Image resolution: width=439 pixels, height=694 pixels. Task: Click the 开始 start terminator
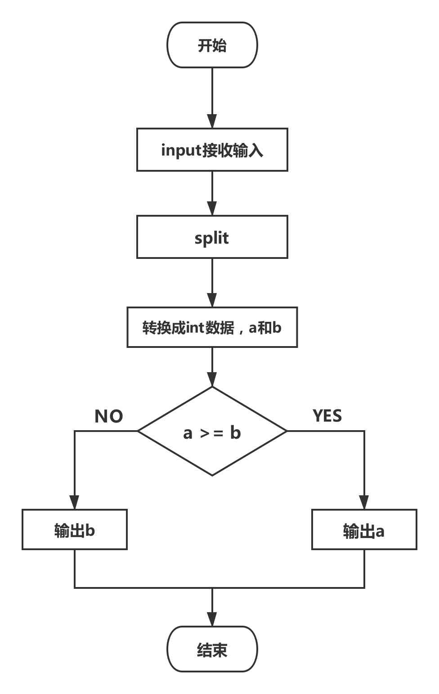tap(212, 45)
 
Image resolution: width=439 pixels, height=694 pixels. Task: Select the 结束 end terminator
tap(212, 649)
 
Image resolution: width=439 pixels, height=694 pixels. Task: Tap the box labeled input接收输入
tap(212, 150)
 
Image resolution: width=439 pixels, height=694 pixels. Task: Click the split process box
tap(212, 237)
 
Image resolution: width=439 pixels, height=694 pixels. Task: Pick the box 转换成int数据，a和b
tap(212, 327)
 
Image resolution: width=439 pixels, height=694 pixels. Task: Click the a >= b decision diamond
tap(212, 432)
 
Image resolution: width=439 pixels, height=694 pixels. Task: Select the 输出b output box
tap(75, 529)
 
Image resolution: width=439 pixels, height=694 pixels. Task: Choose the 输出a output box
tap(364, 529)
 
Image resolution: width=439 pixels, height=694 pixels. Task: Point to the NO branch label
tap(108, 416)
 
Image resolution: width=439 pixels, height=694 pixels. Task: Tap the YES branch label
tap(327, 416)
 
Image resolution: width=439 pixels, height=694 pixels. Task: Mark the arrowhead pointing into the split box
tap(212, 209)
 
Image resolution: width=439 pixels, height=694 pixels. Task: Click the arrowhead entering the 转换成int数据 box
tap(212, 300)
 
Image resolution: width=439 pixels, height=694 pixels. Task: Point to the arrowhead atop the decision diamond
tap(212, 379)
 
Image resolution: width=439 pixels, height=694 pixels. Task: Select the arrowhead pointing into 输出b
tap(75, 503)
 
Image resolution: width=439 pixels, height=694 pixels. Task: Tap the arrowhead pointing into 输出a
tap(364, 503)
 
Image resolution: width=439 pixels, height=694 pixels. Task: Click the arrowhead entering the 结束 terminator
tap(212, 619)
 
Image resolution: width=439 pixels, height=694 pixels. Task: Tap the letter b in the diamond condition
tap(235, 432)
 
